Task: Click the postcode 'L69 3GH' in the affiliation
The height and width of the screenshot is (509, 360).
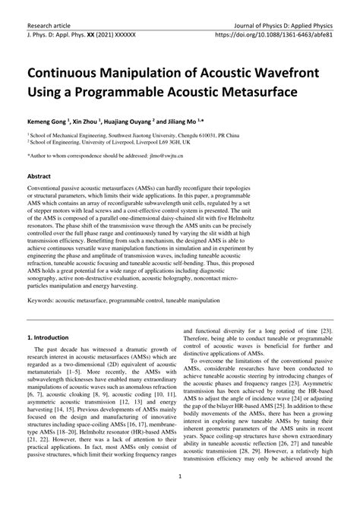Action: click(158, 141)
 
